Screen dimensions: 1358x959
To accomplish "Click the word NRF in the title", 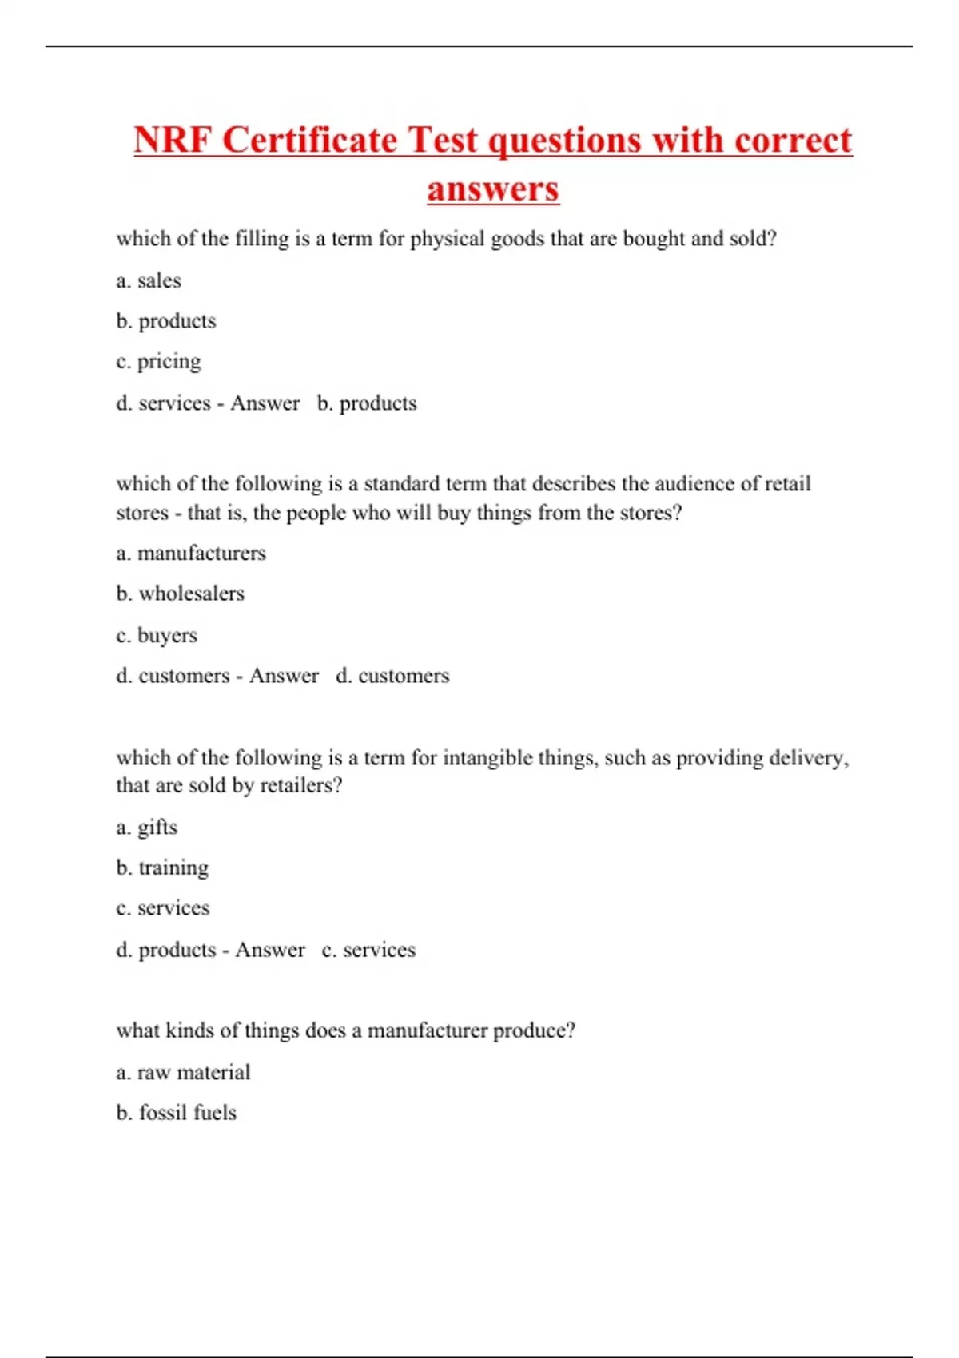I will point(173,141).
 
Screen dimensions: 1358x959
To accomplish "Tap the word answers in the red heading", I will point(492,189).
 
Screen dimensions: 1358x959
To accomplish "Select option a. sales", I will point(149,280).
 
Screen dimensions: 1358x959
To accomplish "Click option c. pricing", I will point(158,361).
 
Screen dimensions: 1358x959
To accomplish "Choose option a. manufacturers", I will point(191,553).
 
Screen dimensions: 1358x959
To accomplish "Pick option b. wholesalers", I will point(181,594).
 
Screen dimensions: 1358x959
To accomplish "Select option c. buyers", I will point(157,635).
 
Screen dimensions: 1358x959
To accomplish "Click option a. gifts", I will point(147,827).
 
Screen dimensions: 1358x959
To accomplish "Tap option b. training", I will point(162,868).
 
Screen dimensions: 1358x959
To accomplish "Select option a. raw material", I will point(183,1072).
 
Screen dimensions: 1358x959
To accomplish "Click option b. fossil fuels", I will point(177,1113).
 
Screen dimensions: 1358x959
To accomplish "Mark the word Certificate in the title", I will point(309,141).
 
